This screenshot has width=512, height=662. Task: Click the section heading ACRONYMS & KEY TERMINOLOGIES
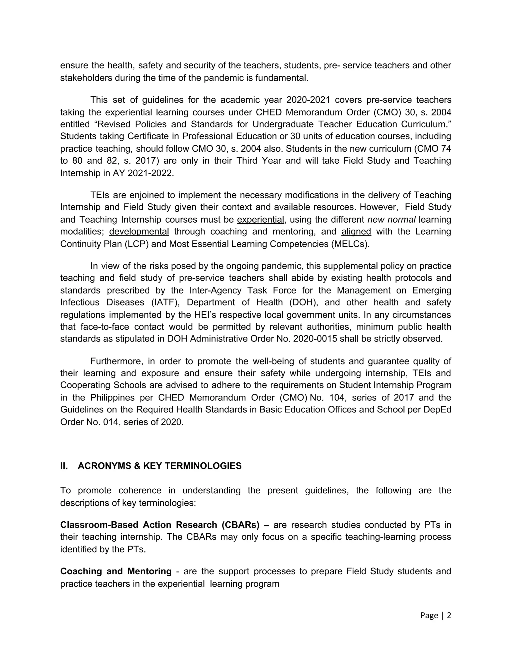pos(159,466)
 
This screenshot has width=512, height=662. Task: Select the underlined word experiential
pos(260,219)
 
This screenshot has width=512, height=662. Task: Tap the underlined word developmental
pos(139,232)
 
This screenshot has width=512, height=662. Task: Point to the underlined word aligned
pos(356,232)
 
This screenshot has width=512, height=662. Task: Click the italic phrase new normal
pos(391,219)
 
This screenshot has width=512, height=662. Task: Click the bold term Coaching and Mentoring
pos(116,571)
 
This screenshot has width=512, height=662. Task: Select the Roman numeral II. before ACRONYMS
pos(64,466)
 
